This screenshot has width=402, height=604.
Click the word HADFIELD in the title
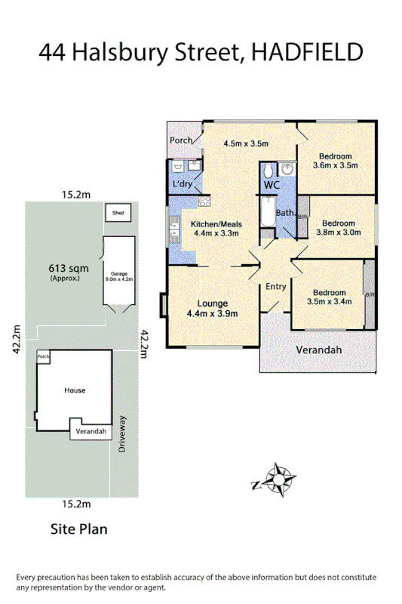click(310, 51)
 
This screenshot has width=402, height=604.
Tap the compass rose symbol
click(281, 478)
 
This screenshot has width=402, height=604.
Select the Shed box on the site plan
click(118, 214)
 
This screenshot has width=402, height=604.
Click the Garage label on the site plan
click(118, 273)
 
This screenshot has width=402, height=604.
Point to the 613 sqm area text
click(65, 268)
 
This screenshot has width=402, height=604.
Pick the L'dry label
click(182, 184)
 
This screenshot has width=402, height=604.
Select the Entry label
click(275, 286)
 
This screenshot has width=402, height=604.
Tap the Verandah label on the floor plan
click(318, 350)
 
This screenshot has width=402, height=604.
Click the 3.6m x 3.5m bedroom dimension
click(335, 165)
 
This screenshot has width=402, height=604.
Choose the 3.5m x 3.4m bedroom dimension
click(330, 302)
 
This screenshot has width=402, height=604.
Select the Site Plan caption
click(78, 528)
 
